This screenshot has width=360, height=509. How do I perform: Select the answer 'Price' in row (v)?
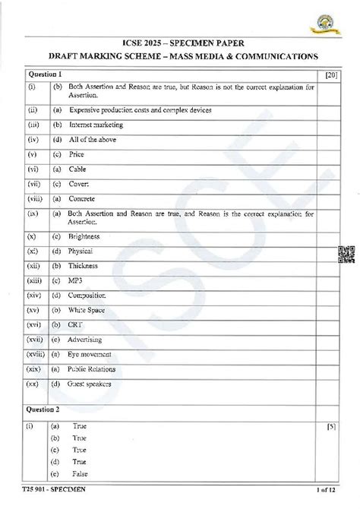pyautogui.click(x=76, y=154)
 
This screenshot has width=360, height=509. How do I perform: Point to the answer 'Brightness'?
pyautogui.click(x=85, y=236)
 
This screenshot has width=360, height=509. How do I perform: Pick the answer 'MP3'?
pyautogui.click(x=76, y=280)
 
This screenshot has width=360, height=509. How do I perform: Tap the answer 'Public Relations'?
pyautogui.click(x=94, y=369)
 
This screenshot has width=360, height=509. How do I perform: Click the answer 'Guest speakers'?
pyautogui.click(x=91, y=384)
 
